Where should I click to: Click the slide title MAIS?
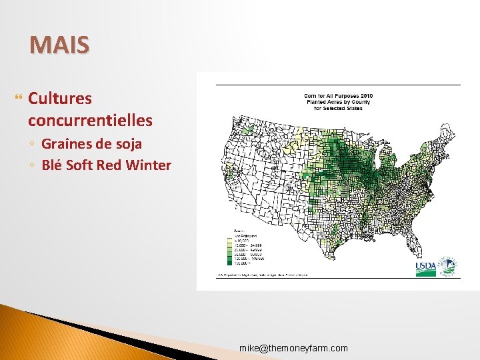pos(59,45)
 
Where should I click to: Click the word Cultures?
pos(60,99)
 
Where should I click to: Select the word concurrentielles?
pos(90,121)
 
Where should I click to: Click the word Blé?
pos(53,165)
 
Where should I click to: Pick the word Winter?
pos(151,165)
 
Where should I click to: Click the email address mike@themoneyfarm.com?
pos(294,348)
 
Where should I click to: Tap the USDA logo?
pos(426,267)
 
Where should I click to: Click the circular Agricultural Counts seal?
pos(449,266)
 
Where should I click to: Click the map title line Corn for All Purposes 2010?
pos(339,96)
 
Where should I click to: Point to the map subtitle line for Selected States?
pos(339,108)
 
